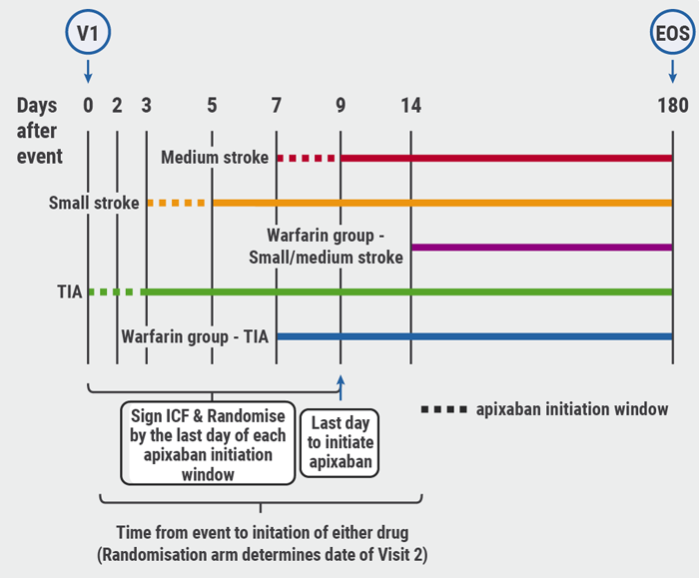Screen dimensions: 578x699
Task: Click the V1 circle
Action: [88, 33]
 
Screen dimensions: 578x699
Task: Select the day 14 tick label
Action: [409, 105]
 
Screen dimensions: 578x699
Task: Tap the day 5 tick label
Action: [212, 105]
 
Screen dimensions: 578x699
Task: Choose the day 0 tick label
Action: [88, 105]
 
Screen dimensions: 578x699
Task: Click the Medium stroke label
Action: [214, 157]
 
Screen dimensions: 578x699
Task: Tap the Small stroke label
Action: [94, 204]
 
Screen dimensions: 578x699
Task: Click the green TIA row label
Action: [69, 291]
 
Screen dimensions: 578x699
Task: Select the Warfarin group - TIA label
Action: [195, 336]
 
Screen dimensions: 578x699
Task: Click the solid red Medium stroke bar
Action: [505, 158]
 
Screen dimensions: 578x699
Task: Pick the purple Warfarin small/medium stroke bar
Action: [540, 247]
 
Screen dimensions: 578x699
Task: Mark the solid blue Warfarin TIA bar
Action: [473, 336]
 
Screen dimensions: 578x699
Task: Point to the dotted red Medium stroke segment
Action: [307, 158]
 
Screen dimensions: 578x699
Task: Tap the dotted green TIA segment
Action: [114, 291]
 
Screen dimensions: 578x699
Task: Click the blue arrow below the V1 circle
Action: [88, 70]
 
